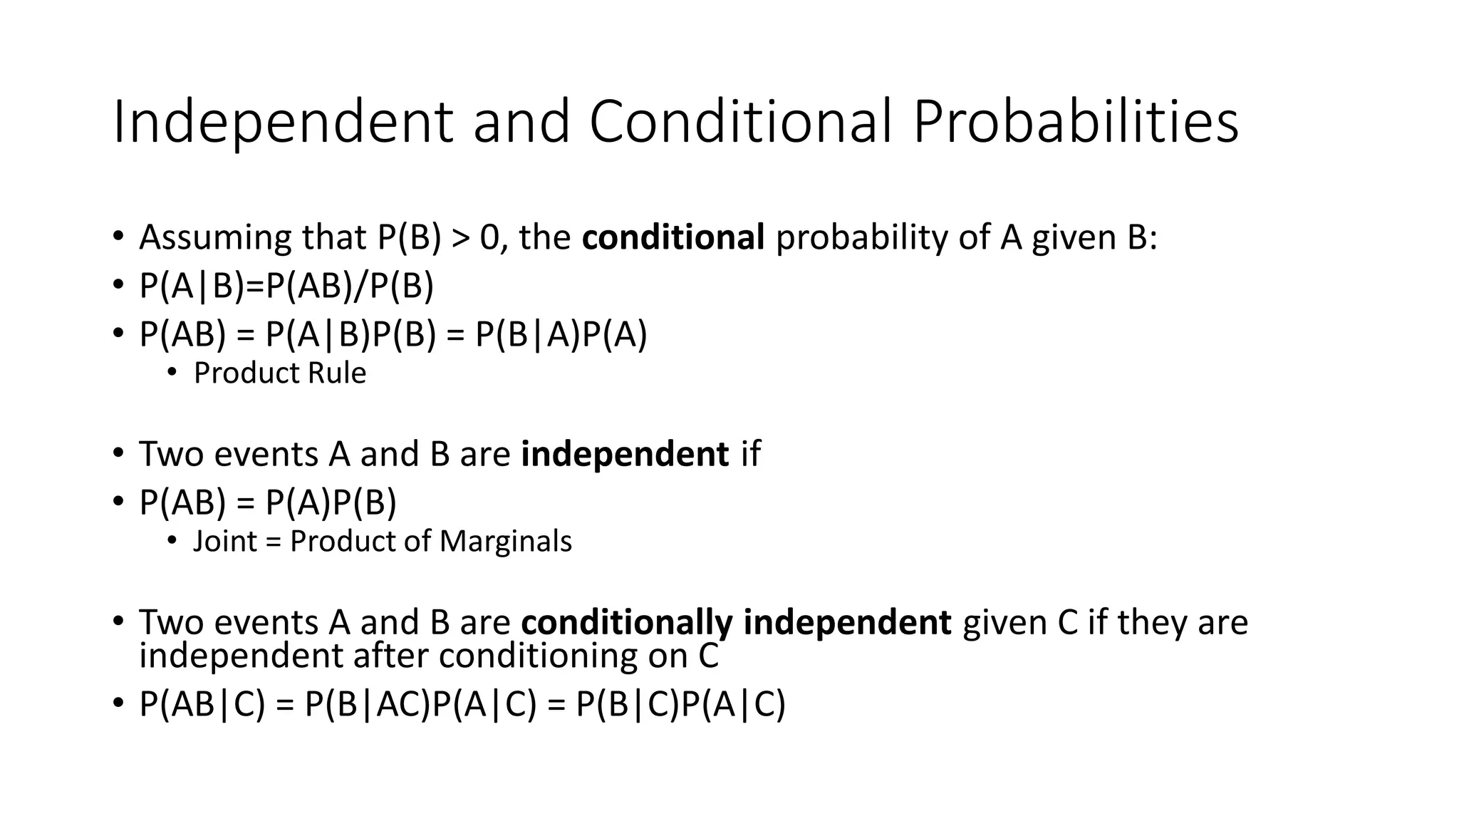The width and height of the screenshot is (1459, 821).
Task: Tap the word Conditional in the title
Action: coord(740,121)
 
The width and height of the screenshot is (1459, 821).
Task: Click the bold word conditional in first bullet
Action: coord(673,237)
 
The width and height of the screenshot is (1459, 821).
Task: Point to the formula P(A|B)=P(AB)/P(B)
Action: coord(286,286)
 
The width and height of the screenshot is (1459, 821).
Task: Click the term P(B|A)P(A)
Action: coord(561,334)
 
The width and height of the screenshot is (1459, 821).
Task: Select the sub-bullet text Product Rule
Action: coord(280,373)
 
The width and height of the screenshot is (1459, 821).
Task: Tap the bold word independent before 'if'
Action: coord(625,454)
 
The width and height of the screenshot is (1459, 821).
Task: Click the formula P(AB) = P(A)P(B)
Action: coord(268,502)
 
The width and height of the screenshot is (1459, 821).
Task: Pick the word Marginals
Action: coord(505,542)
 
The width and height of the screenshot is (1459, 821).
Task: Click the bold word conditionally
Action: coord(626,622)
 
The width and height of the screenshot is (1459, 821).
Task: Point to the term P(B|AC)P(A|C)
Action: coord(420,705)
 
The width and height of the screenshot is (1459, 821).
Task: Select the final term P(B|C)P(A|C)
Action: coord(680,705)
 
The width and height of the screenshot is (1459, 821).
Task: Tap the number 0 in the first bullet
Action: coord(490,237)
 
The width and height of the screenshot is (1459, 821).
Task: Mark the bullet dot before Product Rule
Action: coord(172,373)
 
